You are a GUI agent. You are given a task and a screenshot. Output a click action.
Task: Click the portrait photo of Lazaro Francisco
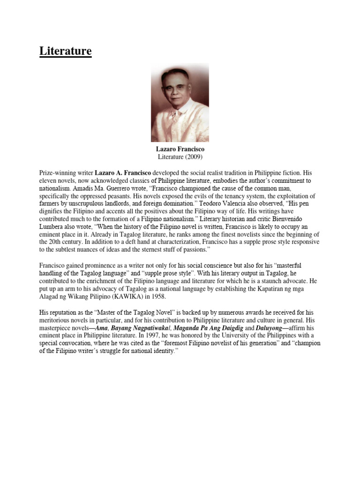click(180, 103)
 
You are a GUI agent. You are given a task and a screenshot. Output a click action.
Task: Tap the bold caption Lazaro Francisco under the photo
click(180, 149)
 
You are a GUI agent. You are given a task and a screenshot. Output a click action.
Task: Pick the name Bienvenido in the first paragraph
click(304, 219)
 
